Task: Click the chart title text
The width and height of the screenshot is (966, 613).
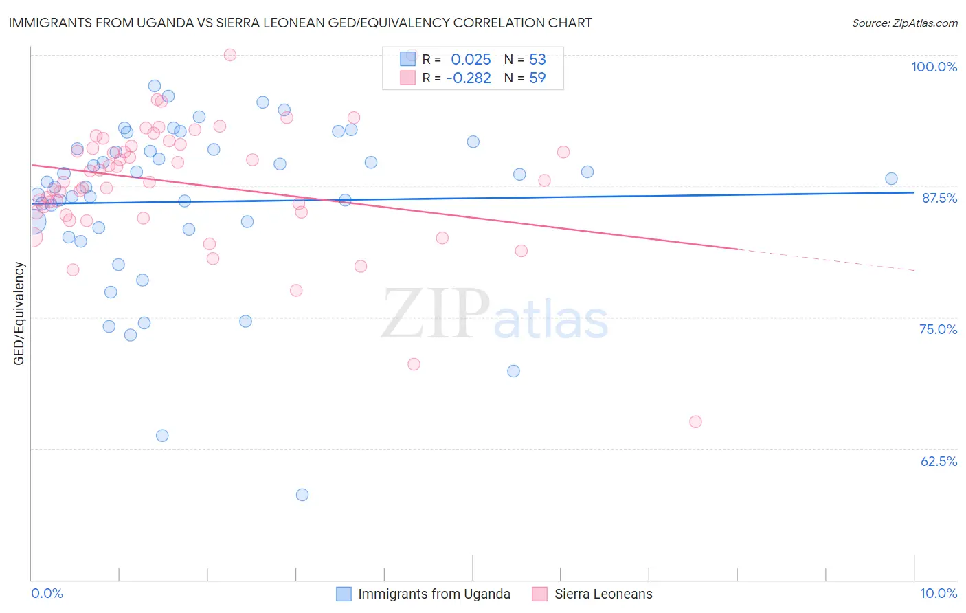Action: (x=300, y=23)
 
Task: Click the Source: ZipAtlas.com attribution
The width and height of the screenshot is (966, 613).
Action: (x=904, y=23)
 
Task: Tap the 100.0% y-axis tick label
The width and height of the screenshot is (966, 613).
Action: (x=934, y=67)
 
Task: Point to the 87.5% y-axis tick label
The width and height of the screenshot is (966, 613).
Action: (x=939, y=198)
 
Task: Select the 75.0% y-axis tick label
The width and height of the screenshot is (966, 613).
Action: (x=938, y=329)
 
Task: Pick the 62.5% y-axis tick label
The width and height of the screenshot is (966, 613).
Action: (x=939, y=461)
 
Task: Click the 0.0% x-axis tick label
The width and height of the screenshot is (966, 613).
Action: (x=47, y=593)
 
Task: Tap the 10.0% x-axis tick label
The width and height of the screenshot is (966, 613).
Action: (x=938, y=593)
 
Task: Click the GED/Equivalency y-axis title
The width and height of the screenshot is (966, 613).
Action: (x=19, y=313)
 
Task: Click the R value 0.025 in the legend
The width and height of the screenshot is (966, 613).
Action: (x=471, y=60)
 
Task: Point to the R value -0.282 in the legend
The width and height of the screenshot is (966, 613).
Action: (x=468, y=78)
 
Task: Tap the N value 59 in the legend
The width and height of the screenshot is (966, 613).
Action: (x=537, y=78)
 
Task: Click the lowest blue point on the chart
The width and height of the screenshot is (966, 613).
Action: (x=302, y=495)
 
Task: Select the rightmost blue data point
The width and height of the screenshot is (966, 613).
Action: (x=891, y=179)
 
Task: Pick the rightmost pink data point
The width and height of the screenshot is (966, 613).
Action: (x=695, y=422)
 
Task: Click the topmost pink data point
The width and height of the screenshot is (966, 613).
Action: (x=230, y=55)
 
